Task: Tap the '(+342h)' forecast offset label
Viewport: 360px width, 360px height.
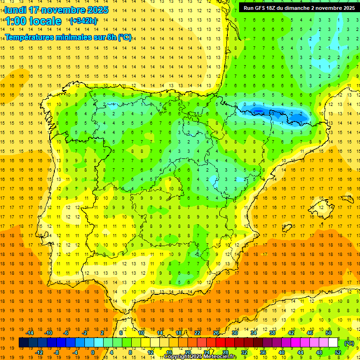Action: (x=83, y=21)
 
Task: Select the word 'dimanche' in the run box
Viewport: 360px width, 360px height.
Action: (x=296, y=8)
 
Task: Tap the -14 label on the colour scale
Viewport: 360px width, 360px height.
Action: (x=30, y=333)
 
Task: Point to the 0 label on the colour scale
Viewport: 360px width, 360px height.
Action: (x=92, y=352)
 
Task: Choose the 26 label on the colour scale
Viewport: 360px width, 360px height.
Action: (x=216, y=333)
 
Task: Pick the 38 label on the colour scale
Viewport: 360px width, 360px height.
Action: (x=272, y=333)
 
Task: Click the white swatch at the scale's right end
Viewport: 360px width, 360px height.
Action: (x=333, y=343)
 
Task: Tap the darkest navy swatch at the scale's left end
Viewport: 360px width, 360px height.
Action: (x=23, y=343)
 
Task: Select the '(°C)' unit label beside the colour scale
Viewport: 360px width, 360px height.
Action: (x=349, y=343)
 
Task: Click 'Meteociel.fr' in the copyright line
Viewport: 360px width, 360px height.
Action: (x=220, y=357)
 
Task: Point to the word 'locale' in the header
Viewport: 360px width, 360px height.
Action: (x=44, y=21)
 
